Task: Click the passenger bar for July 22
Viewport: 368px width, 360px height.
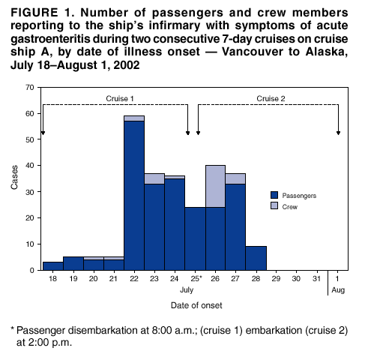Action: pyautogui.click(x=134, y=195)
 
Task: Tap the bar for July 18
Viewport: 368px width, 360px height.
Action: pyautogui.click(x=52, y=265)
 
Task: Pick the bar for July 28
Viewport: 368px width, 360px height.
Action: pyautogui.click(x=256, y=258)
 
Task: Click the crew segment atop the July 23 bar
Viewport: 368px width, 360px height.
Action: pyautogui.click(x=154, y=178)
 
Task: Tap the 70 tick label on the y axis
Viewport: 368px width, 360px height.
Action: pyautogui.click(x=29, y=87)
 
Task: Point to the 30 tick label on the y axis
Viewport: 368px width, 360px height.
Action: pyautogui.click(x=29, y=191)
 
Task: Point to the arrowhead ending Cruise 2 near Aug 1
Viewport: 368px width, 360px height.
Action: pyautogui.click(x=338, y=132)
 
